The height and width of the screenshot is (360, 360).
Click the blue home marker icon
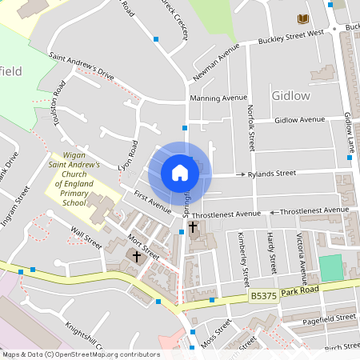pyautogui.click(x=180, y=173)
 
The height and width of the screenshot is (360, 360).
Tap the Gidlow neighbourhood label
pyautogui.click(x=290, y=95)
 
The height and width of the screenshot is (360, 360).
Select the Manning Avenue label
pyautogui.click(x=218, y=98)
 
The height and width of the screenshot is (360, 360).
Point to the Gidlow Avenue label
pyautogui.click(x=299, y=119)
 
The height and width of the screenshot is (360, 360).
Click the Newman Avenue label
pyautogui.click(x=216, y=63)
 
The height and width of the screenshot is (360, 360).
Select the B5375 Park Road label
pyautogui.click(x=284, y=293)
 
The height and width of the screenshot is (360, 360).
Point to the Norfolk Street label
pyautogui.click(x=250, y=128)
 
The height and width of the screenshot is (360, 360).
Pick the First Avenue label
pyautogui.click(x=152, y=202)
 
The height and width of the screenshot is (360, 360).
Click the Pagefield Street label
pyautogui.click(x=324, y=318)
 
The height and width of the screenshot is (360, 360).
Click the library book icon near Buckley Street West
pyautogui.click(x=302, y=18)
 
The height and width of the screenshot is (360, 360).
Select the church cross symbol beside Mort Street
pyautogui.click(x=137, y=257)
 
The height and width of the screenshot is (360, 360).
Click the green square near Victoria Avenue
pyautogui.click(x=330, y=267)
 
